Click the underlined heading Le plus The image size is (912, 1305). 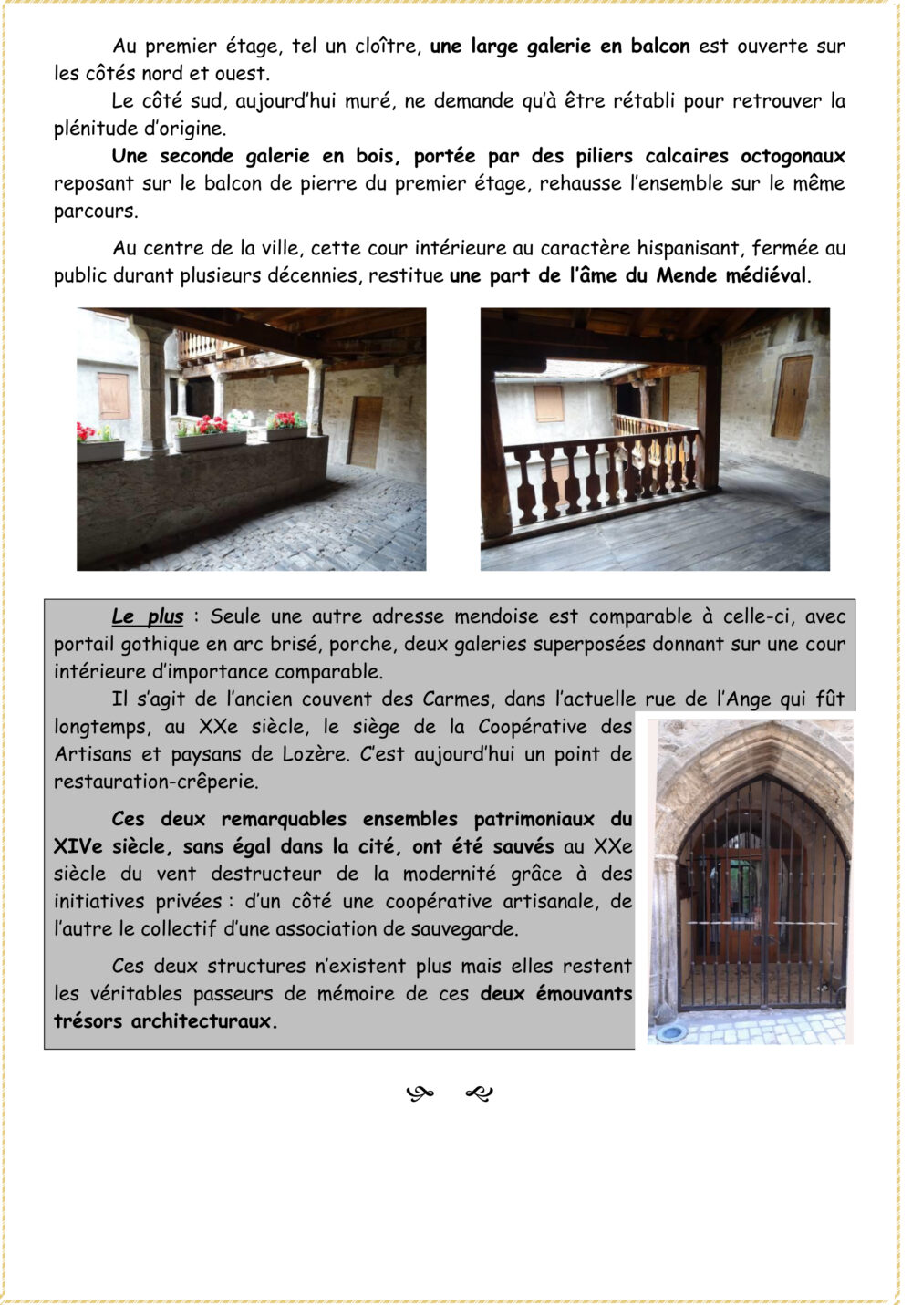coord(148,617)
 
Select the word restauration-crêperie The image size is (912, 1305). coord(156,782)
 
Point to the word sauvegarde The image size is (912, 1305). coord(463,929)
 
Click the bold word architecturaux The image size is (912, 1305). coord(202,1021)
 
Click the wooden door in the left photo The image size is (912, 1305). coord(366,431)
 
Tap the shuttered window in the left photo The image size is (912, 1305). coord(113,395)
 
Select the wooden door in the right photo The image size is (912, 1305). coord(793,397)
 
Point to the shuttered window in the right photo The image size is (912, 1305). coord(548,403)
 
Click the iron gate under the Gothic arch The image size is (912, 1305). coord(762,903)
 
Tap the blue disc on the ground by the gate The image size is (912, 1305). coord(671,1032)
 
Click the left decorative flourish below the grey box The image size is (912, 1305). coord(420,1093)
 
